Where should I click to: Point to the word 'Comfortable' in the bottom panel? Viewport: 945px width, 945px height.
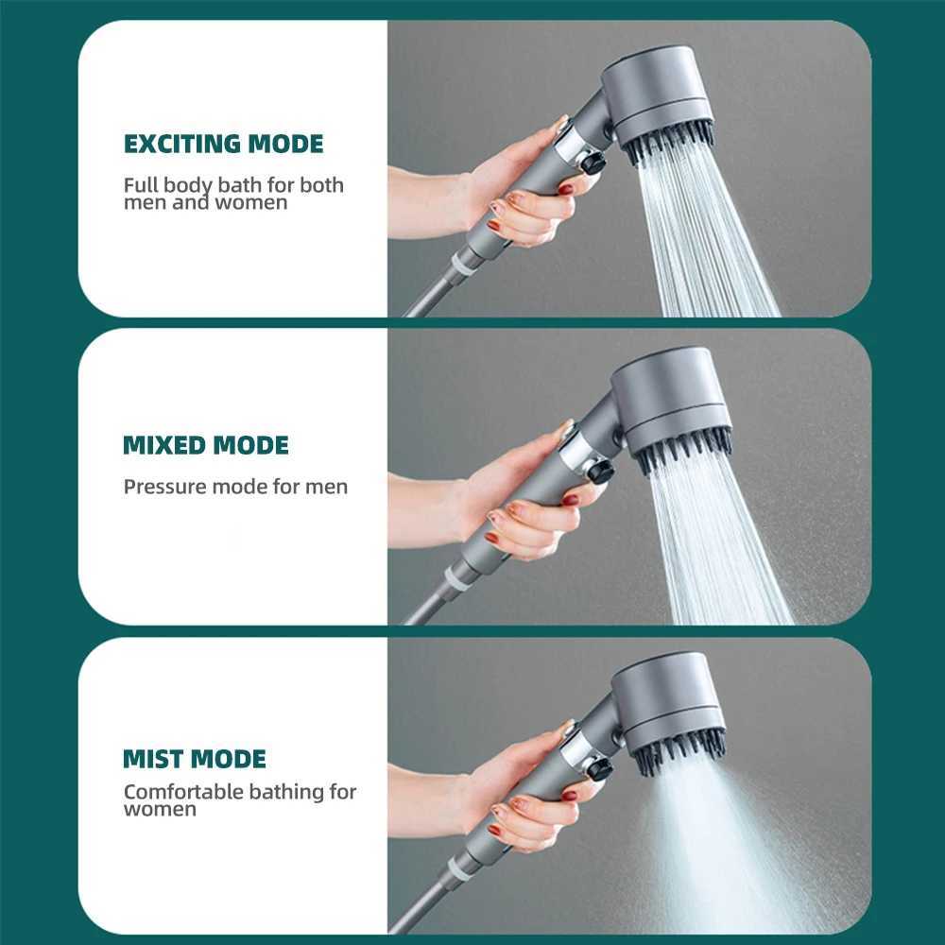click(182, 792)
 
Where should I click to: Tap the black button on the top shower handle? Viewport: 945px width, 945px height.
click(593, 163)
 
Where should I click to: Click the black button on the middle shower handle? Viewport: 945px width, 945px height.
click(599, 470)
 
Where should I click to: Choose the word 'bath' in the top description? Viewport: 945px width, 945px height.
click(240, 184)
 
